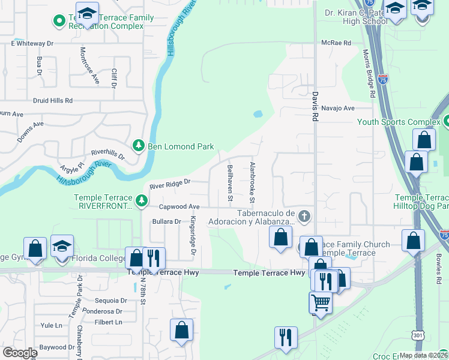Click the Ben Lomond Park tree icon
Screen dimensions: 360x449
pos(138,146)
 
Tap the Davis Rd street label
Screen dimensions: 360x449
pos(314,106)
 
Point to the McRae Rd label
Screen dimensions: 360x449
pos(336,43)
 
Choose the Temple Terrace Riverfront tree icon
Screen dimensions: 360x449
pos(142,201)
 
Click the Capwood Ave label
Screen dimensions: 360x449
pos(179,206)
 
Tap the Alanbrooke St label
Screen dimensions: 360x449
pos(253,182)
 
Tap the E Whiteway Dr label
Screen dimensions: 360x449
pos(32,43)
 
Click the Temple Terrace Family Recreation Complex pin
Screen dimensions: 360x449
pos(59,22)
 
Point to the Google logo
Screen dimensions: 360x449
pos(20,352)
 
